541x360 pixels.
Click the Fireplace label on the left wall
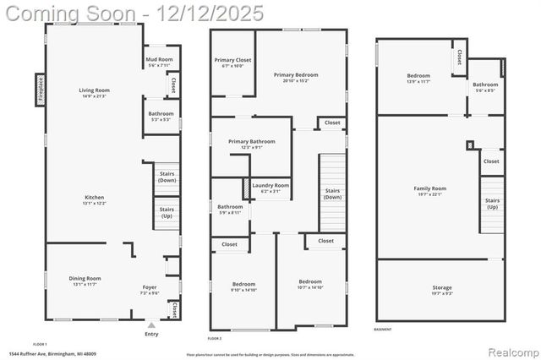tap(40, 89)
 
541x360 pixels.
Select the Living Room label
tap(95, 92)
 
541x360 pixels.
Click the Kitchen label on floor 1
tap(95, 199)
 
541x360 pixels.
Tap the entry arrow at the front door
tap(151, 324)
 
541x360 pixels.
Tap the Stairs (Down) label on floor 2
tap(332, 194)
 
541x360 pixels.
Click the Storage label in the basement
tap(441, 290)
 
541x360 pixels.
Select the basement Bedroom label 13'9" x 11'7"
tap(418, 78)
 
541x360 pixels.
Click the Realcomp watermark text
tap(509, 350)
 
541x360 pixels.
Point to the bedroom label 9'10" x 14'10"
tap(243, 286)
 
